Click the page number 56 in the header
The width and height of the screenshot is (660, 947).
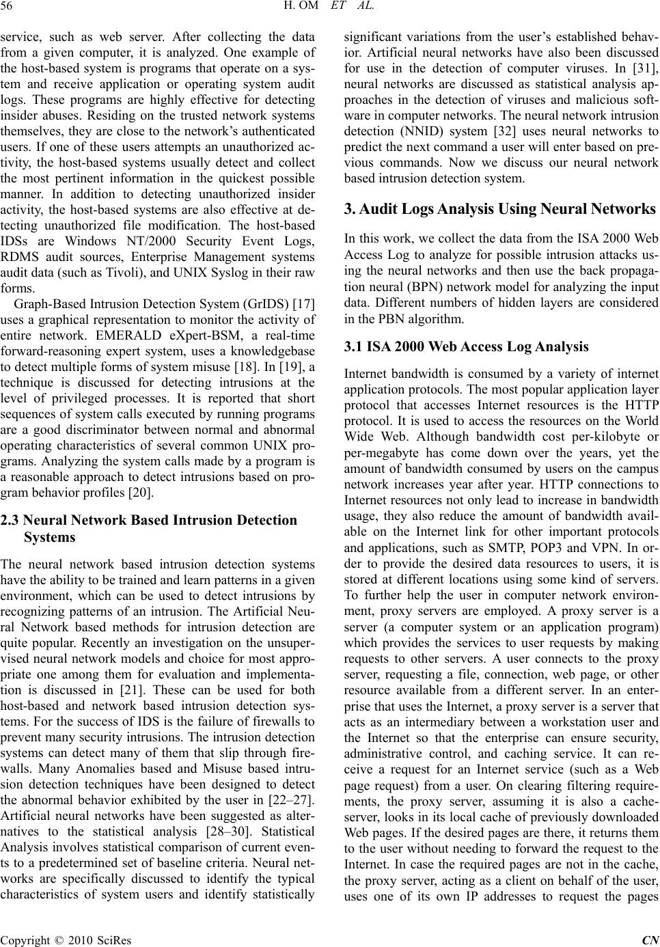point(10,8)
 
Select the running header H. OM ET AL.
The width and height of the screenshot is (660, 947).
point(330,8)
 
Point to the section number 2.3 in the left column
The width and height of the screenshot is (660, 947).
point(11,521)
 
